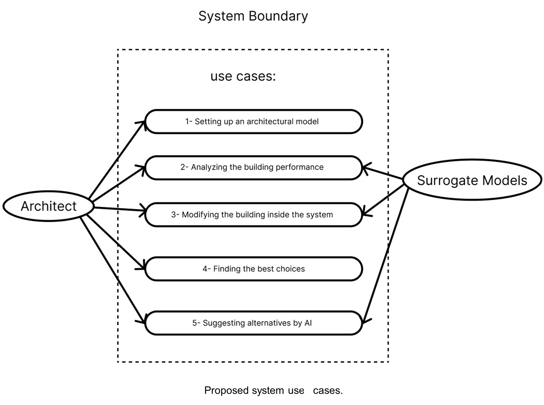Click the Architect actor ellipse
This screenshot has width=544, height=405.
pyautogui.click(x=48, y=206)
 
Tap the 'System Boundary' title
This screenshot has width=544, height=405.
pyautogui.click(x=253, y=16)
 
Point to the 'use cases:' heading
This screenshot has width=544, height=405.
pyautogui.click(x=243, y=76)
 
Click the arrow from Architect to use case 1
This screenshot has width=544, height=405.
pyautogui.click(x=117, y=160)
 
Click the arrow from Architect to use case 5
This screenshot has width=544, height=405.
pyautogui.click(x=113, y=270)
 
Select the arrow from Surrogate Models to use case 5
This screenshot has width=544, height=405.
pyautogui.click(x=385, y=256)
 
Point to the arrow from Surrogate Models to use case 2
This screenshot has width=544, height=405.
pyautogui.click(x=383, y=173)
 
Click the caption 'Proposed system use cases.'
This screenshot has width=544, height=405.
pyautogui.click(x=273, y=390)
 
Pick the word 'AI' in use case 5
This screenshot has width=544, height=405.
pyautogui.click(x=308, y=323)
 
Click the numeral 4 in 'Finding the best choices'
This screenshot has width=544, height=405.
pyautogui.click(x=205, y=269)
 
